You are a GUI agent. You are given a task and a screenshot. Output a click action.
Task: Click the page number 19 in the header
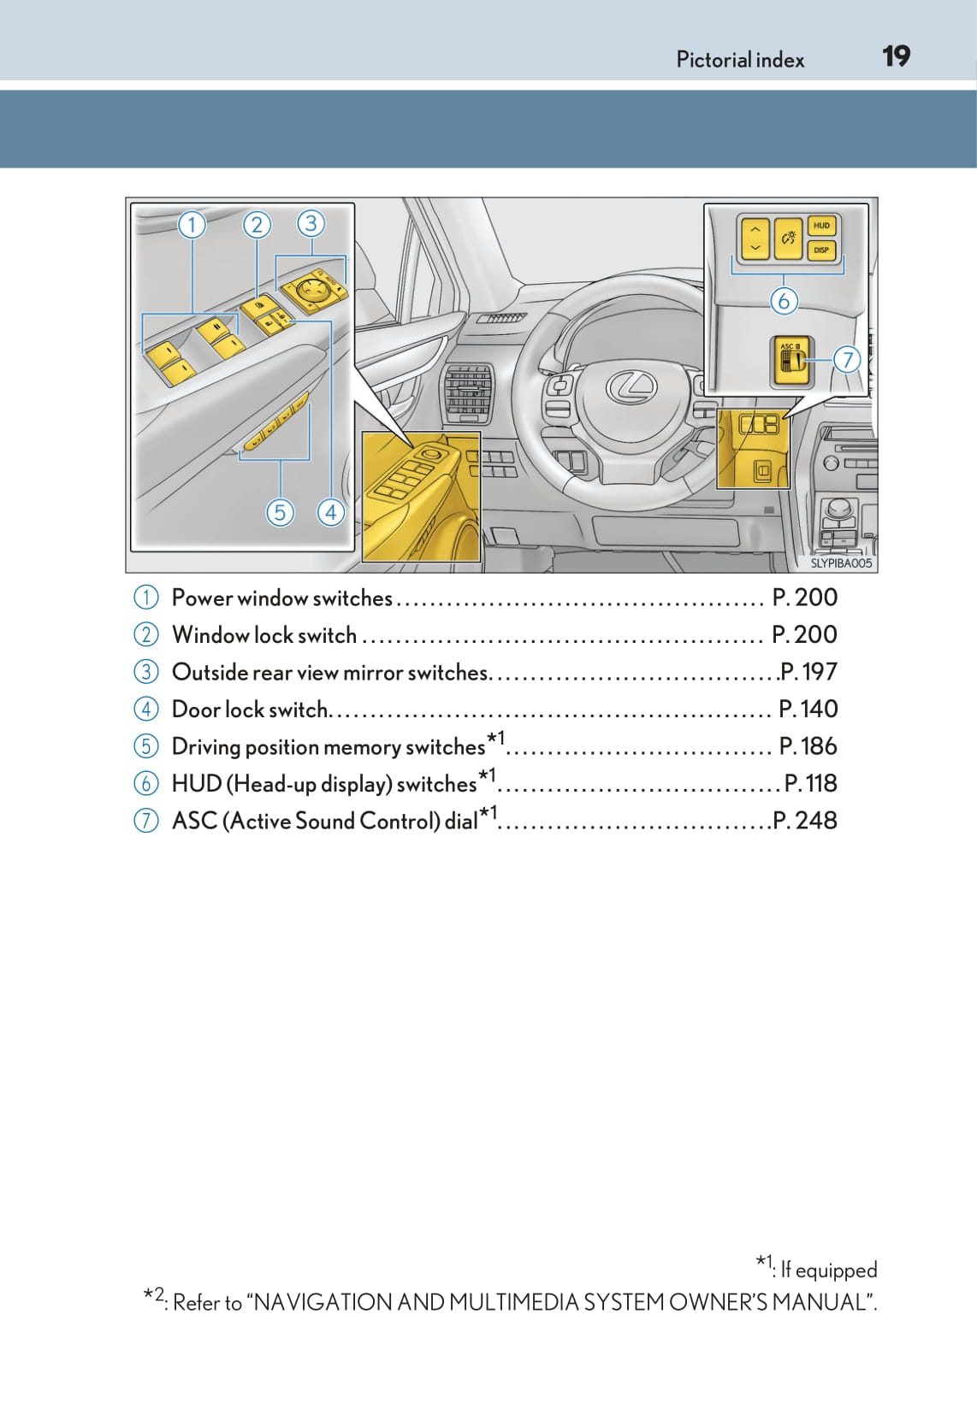click(896, 57)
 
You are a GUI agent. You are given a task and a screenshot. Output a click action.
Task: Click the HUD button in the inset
click(821, 226)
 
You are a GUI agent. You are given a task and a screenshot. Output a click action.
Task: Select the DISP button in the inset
click(821, 250)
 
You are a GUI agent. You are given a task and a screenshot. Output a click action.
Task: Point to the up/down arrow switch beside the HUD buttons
click(755, 239)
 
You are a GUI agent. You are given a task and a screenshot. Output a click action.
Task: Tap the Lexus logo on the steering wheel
click(631, 387)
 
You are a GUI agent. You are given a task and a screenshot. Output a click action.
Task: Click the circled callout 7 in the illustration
click(847, 359)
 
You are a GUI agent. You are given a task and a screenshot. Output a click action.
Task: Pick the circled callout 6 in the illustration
click(784, 301)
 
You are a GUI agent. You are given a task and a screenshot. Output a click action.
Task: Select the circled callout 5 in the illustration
click(280, 512)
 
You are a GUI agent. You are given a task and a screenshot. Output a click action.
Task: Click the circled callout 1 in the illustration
click(192, 225)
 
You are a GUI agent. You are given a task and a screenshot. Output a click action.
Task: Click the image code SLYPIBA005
click(841, 563)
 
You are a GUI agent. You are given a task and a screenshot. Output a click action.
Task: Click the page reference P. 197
click(808, 672)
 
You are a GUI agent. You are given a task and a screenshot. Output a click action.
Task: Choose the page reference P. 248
click(805, 821)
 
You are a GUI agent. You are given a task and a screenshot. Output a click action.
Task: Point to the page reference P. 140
click(808, 709)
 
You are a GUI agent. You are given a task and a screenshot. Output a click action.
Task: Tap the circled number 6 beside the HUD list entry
click(146, 783)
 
